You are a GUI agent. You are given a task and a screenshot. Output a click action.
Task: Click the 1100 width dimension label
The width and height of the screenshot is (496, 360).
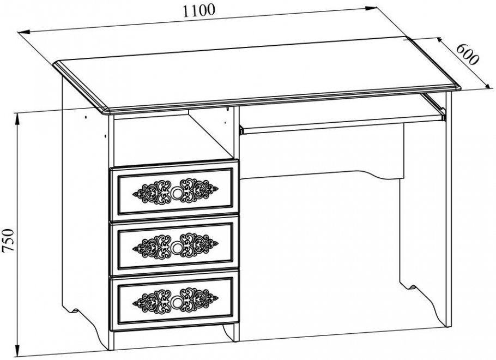pos(199,10)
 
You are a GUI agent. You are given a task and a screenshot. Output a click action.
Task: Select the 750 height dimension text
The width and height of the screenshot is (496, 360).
pos(9,240)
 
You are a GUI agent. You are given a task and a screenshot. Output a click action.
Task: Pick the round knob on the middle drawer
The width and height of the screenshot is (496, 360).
pos(176,247)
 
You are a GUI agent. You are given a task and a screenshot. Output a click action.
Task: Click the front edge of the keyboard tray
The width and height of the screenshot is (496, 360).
pos(342,124)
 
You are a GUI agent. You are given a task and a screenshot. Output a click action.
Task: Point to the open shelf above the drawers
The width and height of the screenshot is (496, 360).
pos(174,138)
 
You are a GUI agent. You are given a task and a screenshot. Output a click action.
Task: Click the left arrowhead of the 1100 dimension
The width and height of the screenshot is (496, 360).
pos(24,32)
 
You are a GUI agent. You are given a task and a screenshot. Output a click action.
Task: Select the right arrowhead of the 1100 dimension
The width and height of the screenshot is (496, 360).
pos(371,8)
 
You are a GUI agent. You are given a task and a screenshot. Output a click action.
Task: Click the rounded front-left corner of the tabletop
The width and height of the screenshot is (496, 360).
pos(106,111)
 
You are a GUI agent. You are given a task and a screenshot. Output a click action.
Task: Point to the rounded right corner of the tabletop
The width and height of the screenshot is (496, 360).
pos(457,87)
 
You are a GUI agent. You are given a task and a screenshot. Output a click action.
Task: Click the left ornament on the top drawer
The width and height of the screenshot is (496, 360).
pos(152,193)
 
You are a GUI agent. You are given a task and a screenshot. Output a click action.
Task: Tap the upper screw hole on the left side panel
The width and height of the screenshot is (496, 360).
pos(86,117)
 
